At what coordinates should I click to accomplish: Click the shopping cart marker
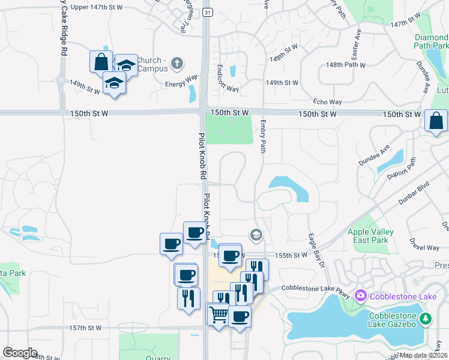(218, 313)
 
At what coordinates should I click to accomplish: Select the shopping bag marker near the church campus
(101, 61)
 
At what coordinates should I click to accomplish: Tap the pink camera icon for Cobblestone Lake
(361, 296)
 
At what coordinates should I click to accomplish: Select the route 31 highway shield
(206, 12)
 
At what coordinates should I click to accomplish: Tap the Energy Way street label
(181, 78)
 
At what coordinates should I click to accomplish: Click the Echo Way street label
(328, 103)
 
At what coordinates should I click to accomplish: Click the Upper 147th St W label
(96, 7)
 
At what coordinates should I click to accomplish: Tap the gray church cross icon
(176, 62)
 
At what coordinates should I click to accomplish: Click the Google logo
(20, 353)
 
